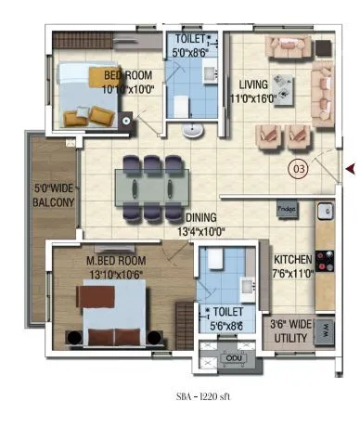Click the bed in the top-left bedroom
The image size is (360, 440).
point(86,93)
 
